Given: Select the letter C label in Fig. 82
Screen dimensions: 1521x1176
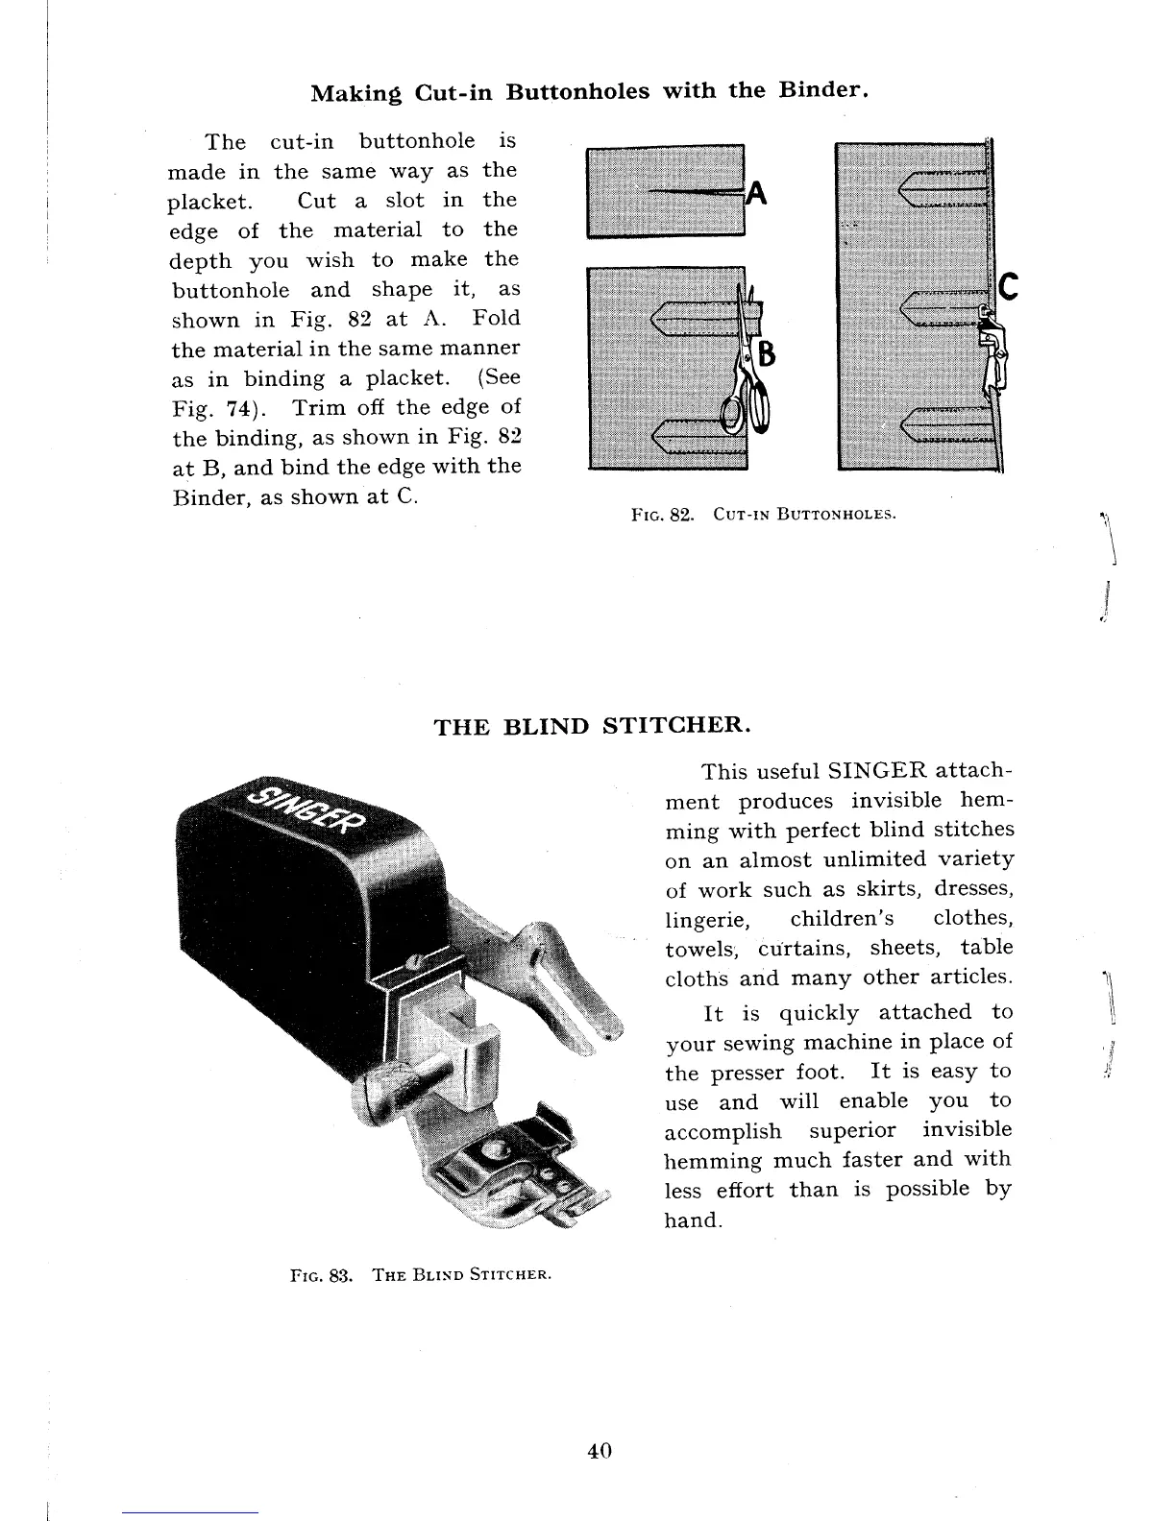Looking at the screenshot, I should coord(1008,286).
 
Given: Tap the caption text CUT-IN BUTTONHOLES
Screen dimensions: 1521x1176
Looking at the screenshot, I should coord(804,514).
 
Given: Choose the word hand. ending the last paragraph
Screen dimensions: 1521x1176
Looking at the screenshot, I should coord(692,1221).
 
